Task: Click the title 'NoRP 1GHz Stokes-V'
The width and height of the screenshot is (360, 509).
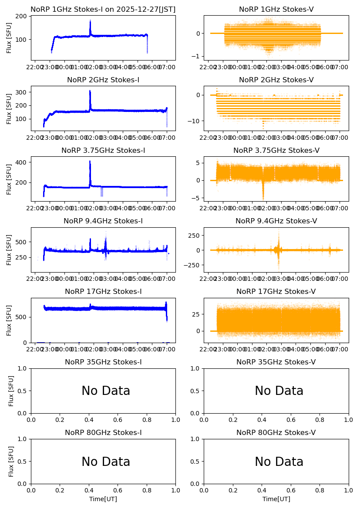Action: (276, 10)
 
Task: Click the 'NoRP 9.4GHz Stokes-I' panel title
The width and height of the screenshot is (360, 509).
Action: (103, 221)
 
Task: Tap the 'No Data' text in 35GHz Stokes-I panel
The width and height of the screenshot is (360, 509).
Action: (106, 391)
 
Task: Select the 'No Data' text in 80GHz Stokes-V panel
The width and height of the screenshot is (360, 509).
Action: (279, 462)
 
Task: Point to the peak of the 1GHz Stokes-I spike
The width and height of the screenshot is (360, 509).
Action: (90, 20)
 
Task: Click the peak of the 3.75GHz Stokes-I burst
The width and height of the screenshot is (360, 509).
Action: (90, 162)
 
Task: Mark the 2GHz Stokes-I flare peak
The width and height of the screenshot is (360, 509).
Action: (90, 91)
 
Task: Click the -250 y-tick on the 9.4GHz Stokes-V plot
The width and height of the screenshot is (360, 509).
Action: (192, 265)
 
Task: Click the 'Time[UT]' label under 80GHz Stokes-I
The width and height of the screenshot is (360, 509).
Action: (103, 499)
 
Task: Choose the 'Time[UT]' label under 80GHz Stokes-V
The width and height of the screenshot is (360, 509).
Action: (276, 499)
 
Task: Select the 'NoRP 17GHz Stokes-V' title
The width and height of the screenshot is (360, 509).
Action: (276, 292)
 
